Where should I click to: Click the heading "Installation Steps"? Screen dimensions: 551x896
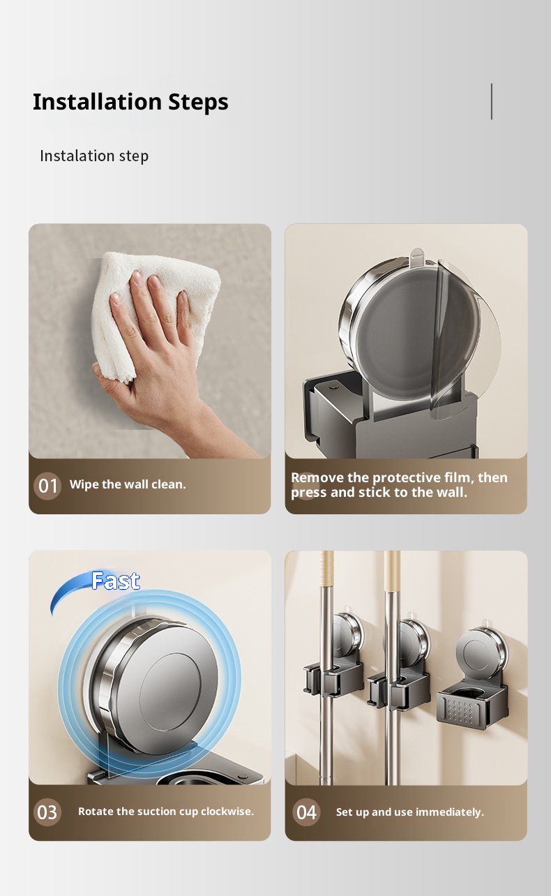coord(130,102)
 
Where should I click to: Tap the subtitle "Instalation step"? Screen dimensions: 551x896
coord(94,156)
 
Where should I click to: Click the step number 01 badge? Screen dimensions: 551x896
coord(47,486)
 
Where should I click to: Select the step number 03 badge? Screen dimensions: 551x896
coord(47,812)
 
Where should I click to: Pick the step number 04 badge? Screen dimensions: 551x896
coord(306,812)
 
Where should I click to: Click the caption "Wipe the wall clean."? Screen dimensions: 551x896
coord(128,484)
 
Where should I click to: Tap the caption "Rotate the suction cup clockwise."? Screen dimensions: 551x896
coord(166,811)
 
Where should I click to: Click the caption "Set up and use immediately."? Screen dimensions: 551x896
coord(410,812)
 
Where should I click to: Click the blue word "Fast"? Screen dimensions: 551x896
coord(116,581)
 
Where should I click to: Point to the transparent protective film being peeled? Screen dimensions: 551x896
coord(466,340)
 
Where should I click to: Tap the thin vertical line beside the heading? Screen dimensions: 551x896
coord(492,101)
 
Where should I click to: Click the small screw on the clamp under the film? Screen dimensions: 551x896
coord(332,387)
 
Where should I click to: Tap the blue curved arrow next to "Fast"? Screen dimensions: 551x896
coord(70,590)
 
